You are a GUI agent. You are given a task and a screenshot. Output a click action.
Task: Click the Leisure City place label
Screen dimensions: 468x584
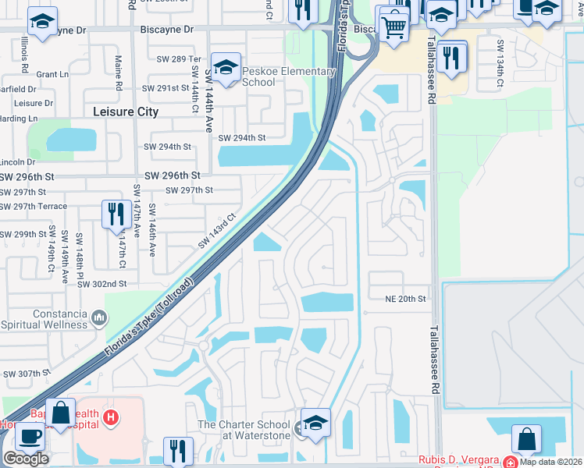click(125, 112)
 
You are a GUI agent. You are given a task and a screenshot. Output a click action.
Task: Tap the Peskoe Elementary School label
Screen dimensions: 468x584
click(289, 76)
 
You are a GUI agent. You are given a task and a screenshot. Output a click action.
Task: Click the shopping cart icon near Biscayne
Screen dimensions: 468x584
click(395, 27)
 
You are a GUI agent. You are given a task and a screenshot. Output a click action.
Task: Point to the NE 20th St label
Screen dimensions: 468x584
click(406, 299)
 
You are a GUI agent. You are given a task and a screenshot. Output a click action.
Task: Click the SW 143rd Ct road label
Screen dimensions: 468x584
click(217, 232)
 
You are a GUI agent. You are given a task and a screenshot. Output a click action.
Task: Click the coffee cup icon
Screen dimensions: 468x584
click(30, 437)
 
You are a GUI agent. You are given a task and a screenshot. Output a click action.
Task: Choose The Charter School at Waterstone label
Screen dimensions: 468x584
click(244, 430)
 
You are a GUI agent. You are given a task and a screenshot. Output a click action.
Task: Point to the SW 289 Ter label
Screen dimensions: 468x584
click(179, 59)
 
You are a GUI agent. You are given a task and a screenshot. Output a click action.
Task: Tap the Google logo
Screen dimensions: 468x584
click(26, 458)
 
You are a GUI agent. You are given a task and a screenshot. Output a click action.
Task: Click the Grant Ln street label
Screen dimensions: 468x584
click(52, 75)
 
